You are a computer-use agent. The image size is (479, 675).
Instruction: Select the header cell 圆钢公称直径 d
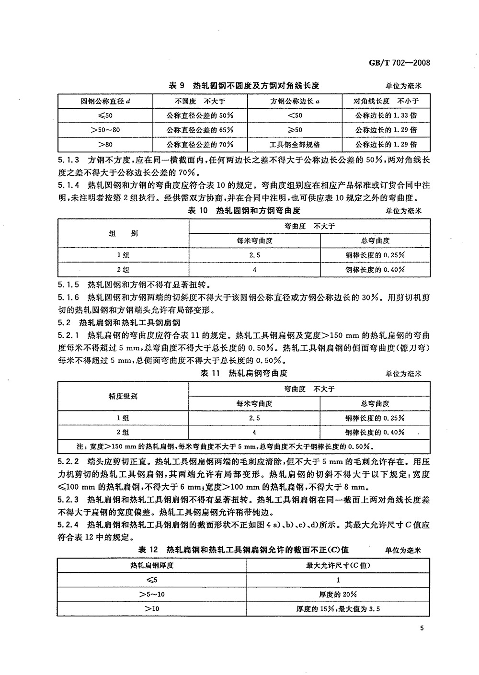105,101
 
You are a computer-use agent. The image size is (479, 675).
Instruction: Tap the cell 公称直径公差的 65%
200,130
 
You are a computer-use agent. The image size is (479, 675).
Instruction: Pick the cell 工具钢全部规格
294,144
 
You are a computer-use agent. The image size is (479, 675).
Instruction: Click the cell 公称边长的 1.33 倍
386,115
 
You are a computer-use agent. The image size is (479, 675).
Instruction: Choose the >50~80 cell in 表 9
105,130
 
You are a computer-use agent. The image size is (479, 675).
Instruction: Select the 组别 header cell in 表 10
124,233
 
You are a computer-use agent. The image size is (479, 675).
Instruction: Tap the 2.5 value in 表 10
255,255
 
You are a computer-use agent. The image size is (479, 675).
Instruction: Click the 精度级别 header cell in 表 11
124,396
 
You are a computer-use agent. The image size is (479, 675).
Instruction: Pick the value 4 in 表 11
255,432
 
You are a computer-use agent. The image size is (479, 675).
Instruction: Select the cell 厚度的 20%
338,595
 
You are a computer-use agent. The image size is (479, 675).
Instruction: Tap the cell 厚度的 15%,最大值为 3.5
338,609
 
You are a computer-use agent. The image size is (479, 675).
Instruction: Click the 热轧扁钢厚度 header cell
152,565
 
